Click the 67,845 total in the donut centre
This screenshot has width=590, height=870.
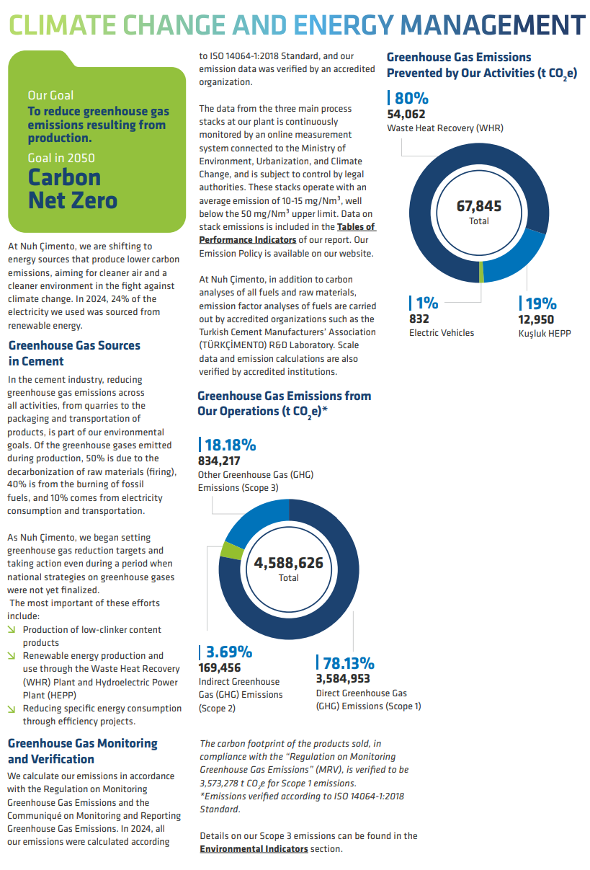[x=479, y=207]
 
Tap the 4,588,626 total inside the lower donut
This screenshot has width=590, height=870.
[x=288, y=564]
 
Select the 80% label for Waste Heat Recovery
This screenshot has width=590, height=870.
[x=411, y=99]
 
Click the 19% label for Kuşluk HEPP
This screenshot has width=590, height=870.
[x=537, y=303]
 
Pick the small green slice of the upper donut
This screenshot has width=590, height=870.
[x=481, y=272]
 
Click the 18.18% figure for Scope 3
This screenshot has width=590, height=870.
[x=230, y=445]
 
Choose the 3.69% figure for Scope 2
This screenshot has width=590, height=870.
[x=228, y=652]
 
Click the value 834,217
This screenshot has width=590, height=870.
[x=219, y=461]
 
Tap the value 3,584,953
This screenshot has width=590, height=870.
[x=343, y=678]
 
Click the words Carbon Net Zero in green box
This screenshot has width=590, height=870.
[x=72, y=188]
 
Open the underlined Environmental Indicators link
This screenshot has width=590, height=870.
[x=254, y=849]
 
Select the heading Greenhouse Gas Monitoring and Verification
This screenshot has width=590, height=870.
[x=82, y=751]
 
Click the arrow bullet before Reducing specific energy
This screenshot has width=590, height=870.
[x=12, y=709]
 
